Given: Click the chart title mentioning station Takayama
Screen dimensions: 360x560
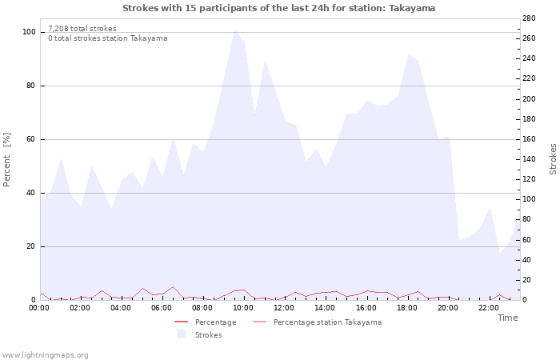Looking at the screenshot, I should coord(279,8).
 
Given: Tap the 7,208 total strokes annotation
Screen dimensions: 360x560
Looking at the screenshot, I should coord(82,29).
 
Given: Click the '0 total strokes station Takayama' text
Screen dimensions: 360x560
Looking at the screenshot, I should coord(107,38).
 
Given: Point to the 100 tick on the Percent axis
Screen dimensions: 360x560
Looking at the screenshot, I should coord(29,32).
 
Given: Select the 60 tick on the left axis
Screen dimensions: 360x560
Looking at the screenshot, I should coord(30,139).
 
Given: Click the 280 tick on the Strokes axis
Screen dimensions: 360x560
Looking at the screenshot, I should coord(529,18).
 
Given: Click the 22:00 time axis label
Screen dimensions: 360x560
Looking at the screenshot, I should coord(489,307).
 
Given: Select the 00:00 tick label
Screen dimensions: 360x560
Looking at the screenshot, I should coord(40,307).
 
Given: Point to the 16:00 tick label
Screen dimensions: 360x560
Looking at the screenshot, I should coord(366,307).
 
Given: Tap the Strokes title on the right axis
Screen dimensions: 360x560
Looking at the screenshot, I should coord(553,159).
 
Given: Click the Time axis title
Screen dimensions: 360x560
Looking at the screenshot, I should coord(507,318).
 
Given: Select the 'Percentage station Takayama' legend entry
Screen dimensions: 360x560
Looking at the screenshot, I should coord(327,322).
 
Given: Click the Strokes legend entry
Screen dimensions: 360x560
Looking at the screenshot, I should coord(208,334).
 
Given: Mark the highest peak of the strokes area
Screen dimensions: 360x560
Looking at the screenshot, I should coord(234,30).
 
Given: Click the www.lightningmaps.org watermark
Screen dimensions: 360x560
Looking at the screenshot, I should coord(46,355).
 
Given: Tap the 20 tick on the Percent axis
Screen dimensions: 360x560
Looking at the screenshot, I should coord(30,246).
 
